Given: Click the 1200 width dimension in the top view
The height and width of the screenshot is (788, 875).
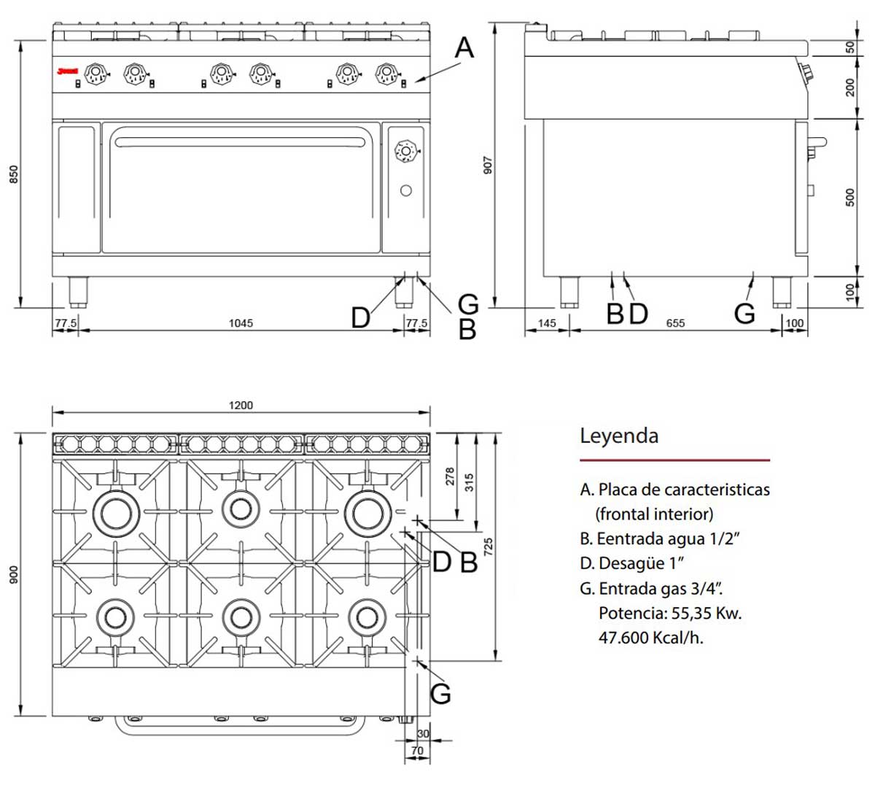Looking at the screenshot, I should [x=240, y=405].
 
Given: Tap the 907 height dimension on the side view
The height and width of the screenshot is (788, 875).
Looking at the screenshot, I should [x=489, y=165].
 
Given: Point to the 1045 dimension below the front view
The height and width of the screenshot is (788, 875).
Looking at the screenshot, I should [x=240, y=323].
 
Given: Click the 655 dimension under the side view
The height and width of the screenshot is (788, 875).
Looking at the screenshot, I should [x=675, y=323].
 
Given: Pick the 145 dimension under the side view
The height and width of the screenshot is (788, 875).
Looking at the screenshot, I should [x=546, y=323].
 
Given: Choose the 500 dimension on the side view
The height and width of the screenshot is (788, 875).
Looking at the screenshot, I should [x=850, y=197].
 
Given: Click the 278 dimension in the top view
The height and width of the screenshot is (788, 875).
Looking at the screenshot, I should [x=449, y=476].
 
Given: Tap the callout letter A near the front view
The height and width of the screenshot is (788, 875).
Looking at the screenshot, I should [x=464, y=48].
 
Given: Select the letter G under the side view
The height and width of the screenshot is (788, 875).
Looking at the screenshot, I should [x=744, y=314].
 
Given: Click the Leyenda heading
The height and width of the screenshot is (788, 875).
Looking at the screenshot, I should [x=619, y=436].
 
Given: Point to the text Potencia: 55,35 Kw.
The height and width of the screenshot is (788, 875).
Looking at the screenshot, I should [x=669, y=613].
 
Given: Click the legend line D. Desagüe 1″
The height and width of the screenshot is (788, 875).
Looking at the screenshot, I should [x=632, y=563].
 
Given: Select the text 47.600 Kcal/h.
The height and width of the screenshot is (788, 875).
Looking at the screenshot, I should [x=650, y=638].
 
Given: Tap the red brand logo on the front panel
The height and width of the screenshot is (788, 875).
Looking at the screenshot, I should [x=68, y=72].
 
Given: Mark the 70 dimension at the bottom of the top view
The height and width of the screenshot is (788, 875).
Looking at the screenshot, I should [x=417, y=750].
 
